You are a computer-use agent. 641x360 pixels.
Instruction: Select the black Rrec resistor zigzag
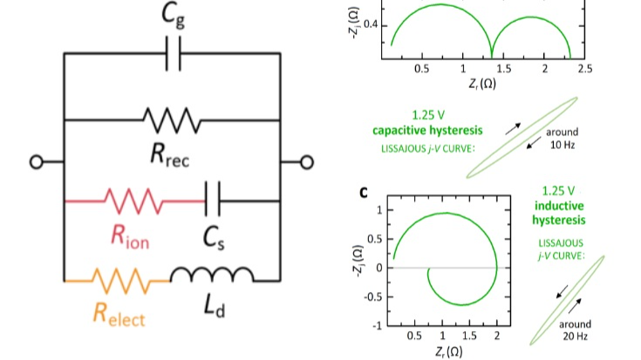tap(172, 119)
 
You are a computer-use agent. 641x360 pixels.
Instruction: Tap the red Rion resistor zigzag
tap(131, 201)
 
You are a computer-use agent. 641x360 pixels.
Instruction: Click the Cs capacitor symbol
tap(213, 201)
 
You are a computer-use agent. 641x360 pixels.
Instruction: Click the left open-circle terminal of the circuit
tap(36, 161)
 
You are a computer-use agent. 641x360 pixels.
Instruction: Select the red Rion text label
tap(129, 236)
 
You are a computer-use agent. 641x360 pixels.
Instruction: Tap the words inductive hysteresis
tap(559, 213)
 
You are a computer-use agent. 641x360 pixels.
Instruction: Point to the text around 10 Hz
tap(561, 139)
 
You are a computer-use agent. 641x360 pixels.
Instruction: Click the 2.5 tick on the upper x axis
tap(584, 69)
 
